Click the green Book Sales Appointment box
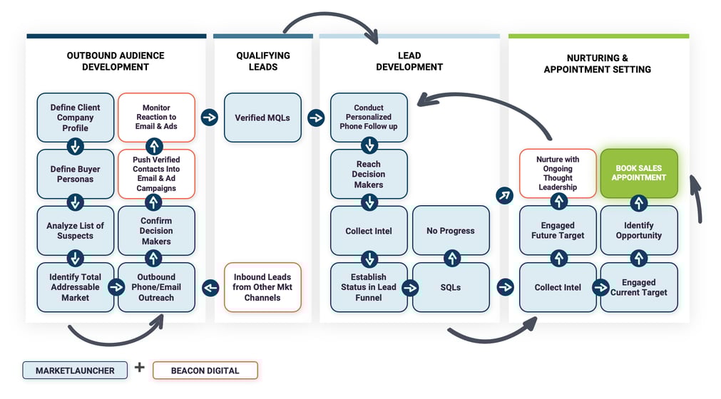(638, 173)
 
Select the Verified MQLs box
(262, 118)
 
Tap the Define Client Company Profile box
(75, 118)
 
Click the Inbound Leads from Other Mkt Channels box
(262, 287)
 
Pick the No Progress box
(451, 230)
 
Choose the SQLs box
(451, 287)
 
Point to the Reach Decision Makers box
(369, 174)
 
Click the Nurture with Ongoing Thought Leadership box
(558, 173)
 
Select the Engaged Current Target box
(638, 287)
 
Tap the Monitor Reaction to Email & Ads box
(156, 118)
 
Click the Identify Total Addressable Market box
(75, 287)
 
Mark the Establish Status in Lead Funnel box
(369, 287)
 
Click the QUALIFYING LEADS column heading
(262, 61)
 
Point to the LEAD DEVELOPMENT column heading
(409, 61)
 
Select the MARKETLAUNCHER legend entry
(74, 370)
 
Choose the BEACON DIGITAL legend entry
(205, 370)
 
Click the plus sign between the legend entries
(139, 368)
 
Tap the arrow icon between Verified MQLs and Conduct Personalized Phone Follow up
(316, 118)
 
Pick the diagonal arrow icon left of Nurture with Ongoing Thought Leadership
(505, 195)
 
